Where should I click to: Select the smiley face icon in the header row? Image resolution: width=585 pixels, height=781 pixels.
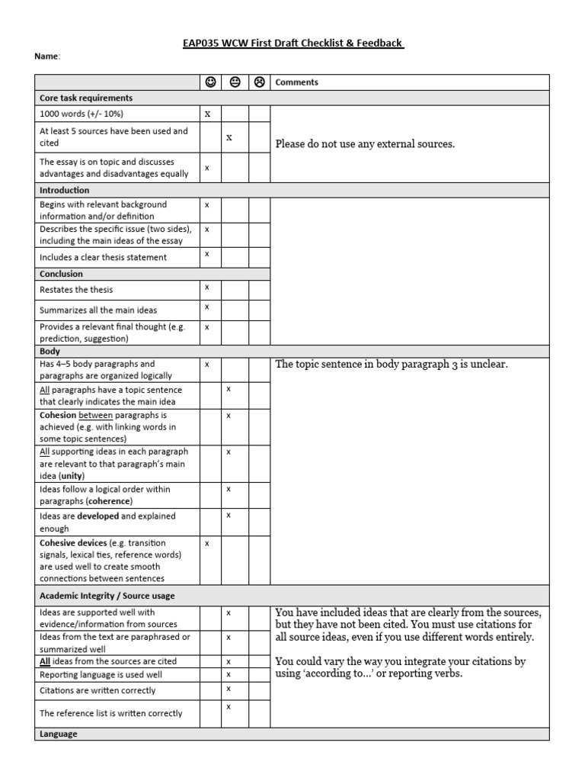point(210,82)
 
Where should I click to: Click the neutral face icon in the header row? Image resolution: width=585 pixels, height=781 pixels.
point(235,82)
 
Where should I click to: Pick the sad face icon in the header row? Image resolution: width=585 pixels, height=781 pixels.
point(259,82)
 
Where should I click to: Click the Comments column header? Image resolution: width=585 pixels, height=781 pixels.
point(296,82)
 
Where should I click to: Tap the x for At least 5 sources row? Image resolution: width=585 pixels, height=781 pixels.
point(229,137)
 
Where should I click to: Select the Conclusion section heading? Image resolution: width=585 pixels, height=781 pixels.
point(61,274)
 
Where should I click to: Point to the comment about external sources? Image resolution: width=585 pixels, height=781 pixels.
point(365,143)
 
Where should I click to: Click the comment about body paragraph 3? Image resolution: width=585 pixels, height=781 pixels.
point(391,365)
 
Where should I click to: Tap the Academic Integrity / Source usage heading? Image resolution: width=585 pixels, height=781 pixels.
point(107,596)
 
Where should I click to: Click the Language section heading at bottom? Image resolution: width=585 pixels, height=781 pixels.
point(59,734)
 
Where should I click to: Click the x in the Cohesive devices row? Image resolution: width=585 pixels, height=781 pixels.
point(206,543)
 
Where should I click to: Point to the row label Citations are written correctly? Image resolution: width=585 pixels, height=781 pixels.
point(97,690)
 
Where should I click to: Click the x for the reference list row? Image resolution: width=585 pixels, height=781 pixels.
point(229,707)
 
